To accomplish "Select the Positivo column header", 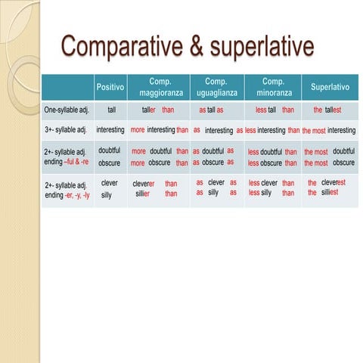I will pos(110,88).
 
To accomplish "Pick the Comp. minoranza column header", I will pos(272,87).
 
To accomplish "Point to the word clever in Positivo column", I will pos(109,183).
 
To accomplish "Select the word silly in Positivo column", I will pos(107,195).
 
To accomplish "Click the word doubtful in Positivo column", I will pos(110,151).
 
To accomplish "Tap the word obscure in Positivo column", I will pos(110,163).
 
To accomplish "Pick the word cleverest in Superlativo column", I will pos(334,183).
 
